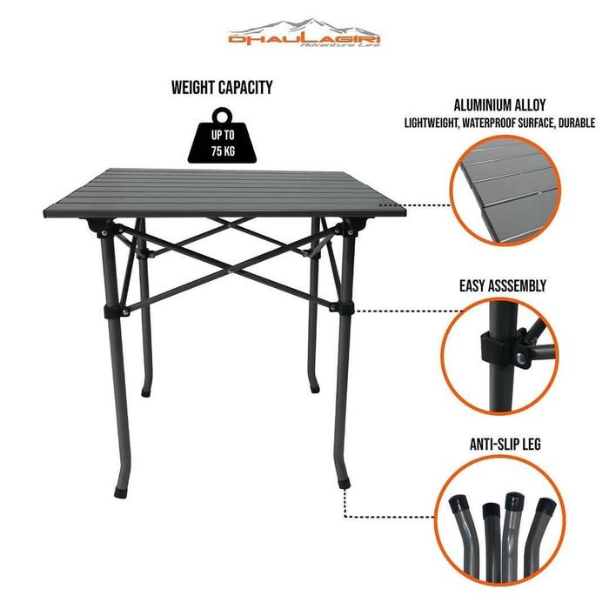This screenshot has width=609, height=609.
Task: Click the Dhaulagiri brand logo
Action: [x=304, y=33]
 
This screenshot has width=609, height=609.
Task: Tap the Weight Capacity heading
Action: [x=222, y=87]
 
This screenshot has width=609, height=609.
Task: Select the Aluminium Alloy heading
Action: [x=499, y=105]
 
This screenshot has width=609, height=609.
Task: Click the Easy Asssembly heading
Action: [x=503, y=285]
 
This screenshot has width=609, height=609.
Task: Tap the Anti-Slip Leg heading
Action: [x=505, y=445]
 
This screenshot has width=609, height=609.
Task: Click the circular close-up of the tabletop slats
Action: [x=505, y=191]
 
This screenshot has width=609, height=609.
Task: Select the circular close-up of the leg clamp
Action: [x=500, y=356]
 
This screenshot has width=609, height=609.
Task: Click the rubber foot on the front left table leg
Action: [x=120, y=492]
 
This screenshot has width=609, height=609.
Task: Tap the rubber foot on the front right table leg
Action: [x=345, y=484]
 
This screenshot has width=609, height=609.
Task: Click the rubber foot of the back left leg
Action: [x=145, y=393]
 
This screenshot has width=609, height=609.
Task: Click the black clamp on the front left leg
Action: [x=112, y=311]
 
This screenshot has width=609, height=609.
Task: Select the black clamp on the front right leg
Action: [x=345, y=307]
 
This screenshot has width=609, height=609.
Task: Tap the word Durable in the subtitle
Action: [x=576, y=124]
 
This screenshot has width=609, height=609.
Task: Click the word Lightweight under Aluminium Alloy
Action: [x=431, y=124]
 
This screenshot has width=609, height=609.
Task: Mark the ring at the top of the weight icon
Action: [x=222, y=116]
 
